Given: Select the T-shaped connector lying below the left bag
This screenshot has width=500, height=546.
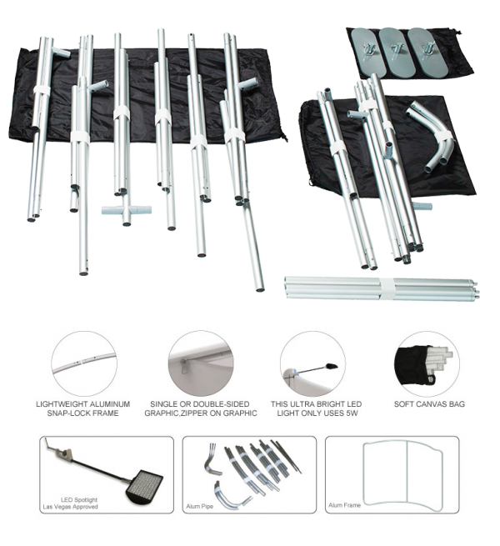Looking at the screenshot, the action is [x=127, y=212].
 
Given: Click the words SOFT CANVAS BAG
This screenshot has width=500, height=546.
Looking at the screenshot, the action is [x=429, y=404].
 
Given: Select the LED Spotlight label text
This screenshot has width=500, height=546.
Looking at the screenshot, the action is [x=79, y=499].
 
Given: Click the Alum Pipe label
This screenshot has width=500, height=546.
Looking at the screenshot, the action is [x=199, y=506].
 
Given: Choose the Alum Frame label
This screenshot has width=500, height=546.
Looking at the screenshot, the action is [x=344, y=505].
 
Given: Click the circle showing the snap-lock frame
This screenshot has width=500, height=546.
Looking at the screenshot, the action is [x=84, y=363].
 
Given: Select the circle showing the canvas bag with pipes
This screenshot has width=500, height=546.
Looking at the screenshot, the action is [x=427, y=363].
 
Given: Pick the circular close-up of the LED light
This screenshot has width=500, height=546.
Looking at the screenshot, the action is [x=312, y=363].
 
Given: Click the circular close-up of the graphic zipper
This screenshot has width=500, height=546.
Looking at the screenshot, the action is [x=201, y=363].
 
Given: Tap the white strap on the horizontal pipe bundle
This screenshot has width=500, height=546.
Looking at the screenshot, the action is [x=387, y=288].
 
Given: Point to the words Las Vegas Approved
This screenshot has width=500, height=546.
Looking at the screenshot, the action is [x=70, y=507].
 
